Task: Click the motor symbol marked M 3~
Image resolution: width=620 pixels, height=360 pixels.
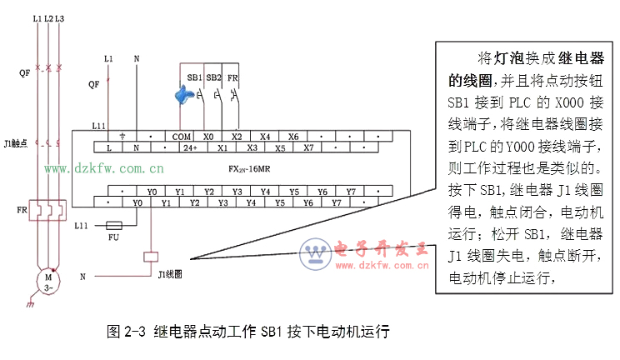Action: click(48, 281)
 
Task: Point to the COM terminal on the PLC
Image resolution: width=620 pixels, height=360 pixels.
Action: click(181, 136)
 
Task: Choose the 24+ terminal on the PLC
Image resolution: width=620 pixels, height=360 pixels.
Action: click(191, 147)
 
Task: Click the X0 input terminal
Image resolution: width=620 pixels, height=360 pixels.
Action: click(208, 136)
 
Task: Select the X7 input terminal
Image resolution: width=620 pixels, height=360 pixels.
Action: click(307, 147)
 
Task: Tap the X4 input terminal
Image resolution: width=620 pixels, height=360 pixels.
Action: click(264, 136)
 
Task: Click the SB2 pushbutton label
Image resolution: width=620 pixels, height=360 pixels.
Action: click(213, 77)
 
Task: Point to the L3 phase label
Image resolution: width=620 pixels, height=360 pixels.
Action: click(61, 17)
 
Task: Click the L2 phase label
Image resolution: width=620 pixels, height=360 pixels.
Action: click(49, 17)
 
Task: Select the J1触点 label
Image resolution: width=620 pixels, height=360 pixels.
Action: click(16, 142)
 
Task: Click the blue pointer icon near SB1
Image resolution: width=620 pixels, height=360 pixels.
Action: click(185, 93)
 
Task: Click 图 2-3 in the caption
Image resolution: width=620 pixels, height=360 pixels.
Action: click(126, 331)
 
